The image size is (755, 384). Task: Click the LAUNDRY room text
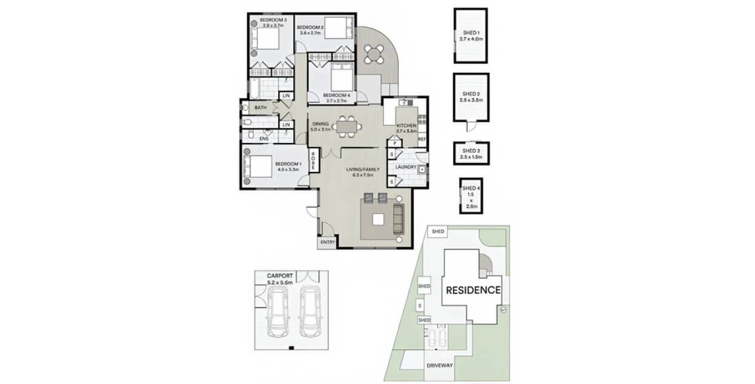(404, 167)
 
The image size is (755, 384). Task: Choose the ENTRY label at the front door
(328, 242)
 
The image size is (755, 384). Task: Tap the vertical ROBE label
(313, 161)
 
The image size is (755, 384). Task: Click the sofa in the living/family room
(398, 219)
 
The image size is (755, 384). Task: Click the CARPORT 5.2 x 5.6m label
(280, 279)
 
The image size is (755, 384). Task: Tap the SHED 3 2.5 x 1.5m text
(471, 153)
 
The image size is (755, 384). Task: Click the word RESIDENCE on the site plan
(473, 290)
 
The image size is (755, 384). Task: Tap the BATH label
(261, 108)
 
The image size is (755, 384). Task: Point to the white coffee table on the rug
(378, 219)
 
